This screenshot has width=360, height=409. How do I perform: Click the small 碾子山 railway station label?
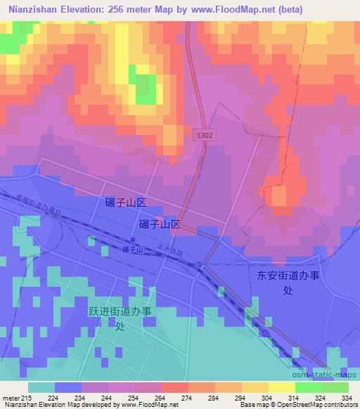click(x=131, y=249)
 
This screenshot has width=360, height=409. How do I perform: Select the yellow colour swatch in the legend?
click(x=281, y=387)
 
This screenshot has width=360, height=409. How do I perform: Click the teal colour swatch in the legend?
click(x=41, y=387)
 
